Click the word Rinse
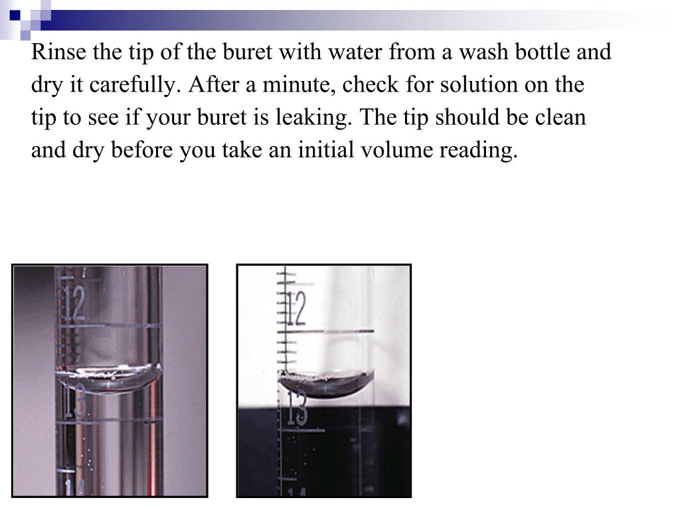58,52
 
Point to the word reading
479,151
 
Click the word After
213,84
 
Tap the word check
371,84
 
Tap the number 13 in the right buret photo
297,408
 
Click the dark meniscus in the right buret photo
327,384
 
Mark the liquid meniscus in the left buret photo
108,379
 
